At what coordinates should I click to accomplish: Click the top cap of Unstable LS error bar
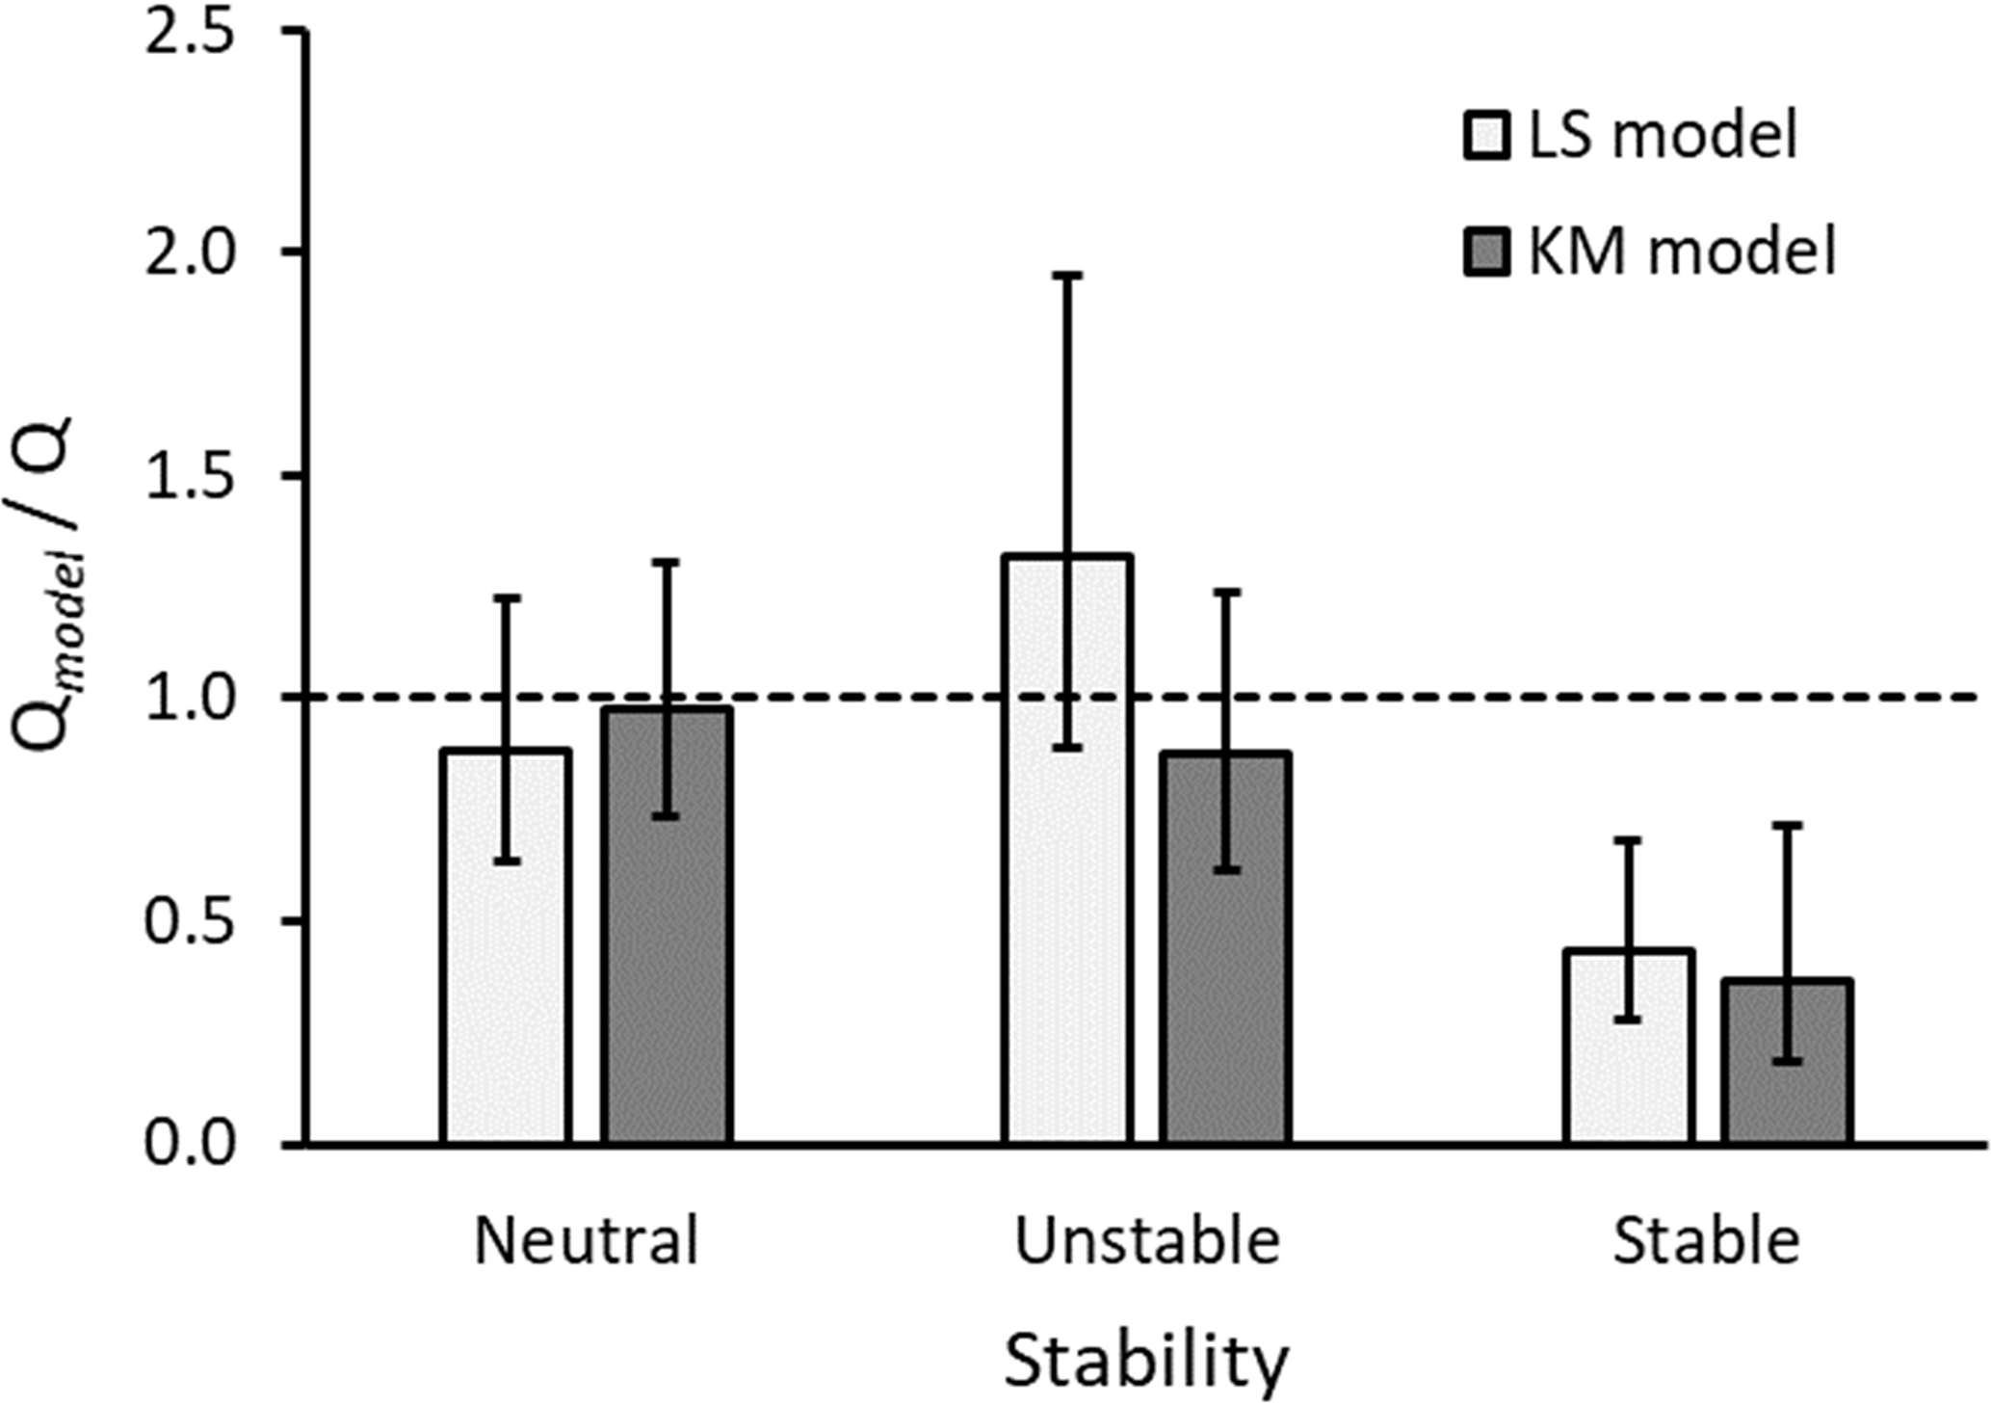(x=1066, y=276)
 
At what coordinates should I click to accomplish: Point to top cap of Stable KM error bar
(x=1788, y=825)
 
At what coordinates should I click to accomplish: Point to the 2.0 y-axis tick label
(x=190, y=252)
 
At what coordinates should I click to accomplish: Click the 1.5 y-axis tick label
(x=190, y=476)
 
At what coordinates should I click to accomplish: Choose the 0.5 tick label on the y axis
(x=190, y=922)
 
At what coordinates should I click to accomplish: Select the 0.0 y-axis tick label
(x=190, y=1145)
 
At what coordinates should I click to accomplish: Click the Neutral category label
(x=587, y=1241)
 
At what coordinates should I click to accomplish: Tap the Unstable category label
(x=1147, y=1241)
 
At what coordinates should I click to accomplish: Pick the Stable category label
(x=1706, y=1241)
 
